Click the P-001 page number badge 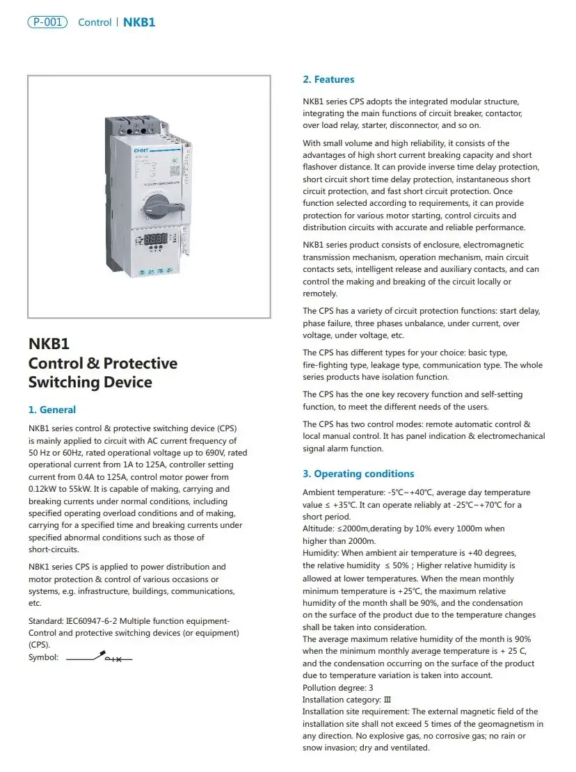click(47, 22)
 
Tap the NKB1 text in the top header click(139, 22)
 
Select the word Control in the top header click(95, 22)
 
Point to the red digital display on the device click(156, 238)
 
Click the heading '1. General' click(52, 410)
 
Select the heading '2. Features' click(328, 79)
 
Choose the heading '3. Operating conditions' click(358, 474)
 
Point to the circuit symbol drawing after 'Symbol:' click(99, 657)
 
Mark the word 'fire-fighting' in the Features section click(326, 364)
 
